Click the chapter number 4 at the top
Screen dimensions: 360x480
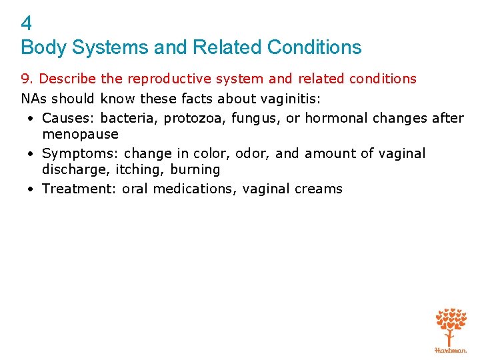[26, 24]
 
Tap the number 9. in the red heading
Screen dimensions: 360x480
[28, 79]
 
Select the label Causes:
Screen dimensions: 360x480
[69, 118]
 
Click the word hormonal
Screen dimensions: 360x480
[332, 118]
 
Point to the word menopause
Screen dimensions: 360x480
[80, 134]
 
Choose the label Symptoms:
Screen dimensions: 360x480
[81, 153]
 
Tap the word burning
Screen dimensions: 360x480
[195, 169]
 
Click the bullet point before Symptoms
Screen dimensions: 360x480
[31, 153]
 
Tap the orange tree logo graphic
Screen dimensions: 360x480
[451, 325]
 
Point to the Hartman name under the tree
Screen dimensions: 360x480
[451, 349]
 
